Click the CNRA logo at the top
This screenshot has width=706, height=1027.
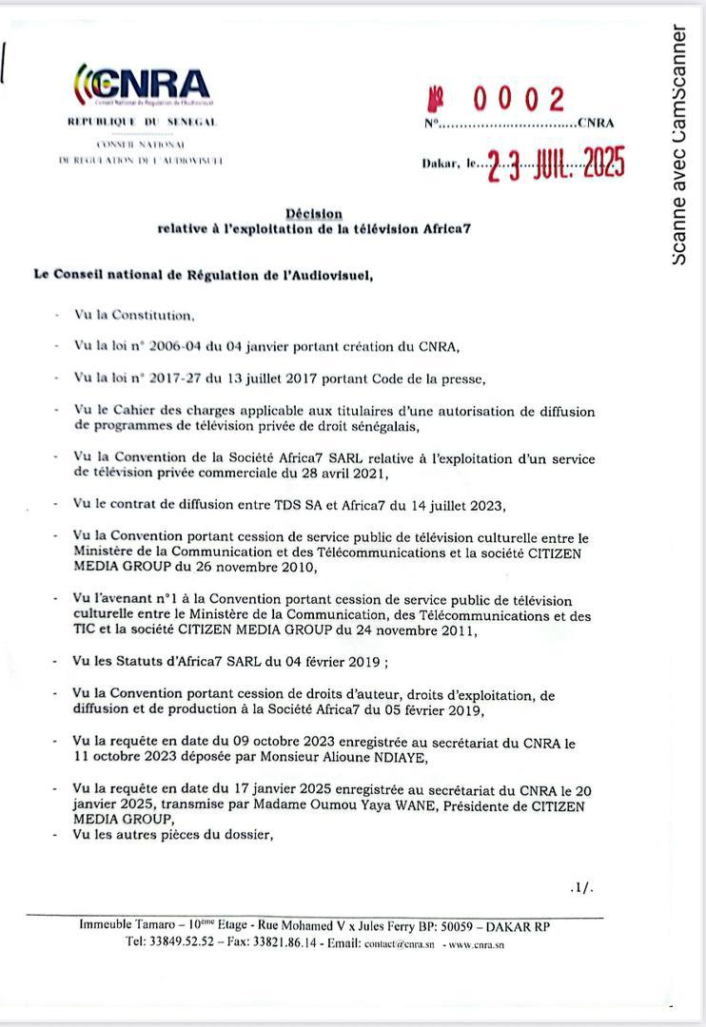[143, 85]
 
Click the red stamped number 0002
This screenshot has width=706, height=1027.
[519, 99]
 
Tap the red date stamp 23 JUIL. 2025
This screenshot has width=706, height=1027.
[557, 166]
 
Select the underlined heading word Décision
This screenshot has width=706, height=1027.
[314, 214]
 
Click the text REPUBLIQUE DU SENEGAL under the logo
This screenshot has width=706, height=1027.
[143, 123]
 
